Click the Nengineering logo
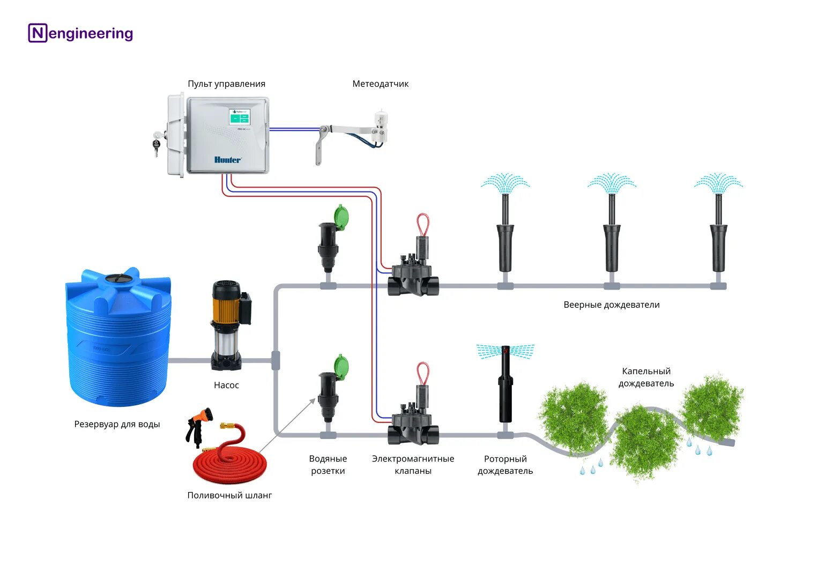[x=80, y=33]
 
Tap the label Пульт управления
[x=226, y=84]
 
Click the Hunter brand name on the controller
[x=228, y=160]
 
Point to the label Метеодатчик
[x=380, y=84]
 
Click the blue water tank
[x=118, y=343]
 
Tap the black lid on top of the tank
[x=118, y=278]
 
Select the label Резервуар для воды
[x=117, y=424]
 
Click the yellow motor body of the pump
[x=225, y=308]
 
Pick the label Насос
[x=226, y=385]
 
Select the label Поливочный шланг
[x=229, y=495]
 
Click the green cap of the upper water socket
[x=341, y=218]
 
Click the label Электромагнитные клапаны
[x=413, y=465]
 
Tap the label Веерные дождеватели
[x=612, y=305]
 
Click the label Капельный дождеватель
[x=646, y=377]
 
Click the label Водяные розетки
[x=328, y=465]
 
